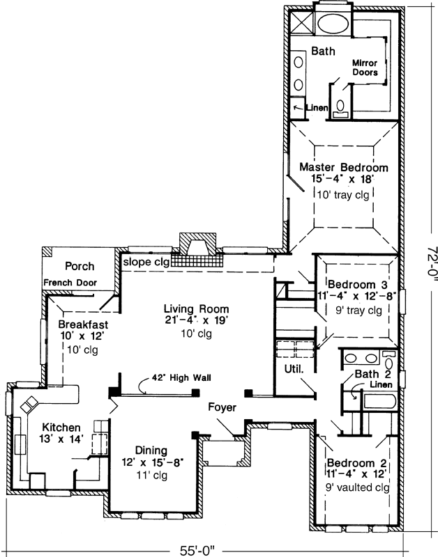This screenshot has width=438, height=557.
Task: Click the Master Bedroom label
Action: pos(343,167)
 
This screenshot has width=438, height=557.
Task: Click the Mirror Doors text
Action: pos(365,68)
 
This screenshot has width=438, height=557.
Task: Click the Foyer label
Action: pos(222,408)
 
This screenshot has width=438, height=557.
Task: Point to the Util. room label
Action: pos(294,370)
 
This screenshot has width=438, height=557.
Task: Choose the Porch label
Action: pos(80,266)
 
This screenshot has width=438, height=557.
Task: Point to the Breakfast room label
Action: pos(81,324)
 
